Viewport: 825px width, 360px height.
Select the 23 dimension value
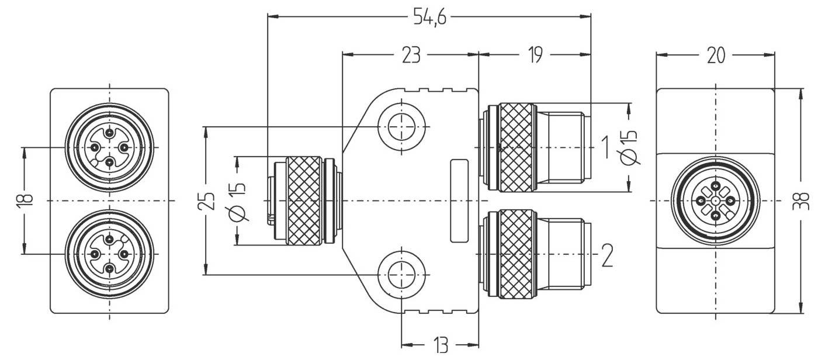click(x=411, y=56)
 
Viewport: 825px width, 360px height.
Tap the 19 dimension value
click(x=535, y=56)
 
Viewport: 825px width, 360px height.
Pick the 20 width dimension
click(x=716, y=56)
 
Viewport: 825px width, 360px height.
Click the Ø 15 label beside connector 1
click(x=630, y=147)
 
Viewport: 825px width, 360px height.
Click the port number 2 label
click(x=607, y=256)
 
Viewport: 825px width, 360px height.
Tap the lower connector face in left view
click(x=109, y=254)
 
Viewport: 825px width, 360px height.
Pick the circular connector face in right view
click(x=716, y=201)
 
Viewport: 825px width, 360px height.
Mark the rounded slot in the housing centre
click(x=459, y=200)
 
